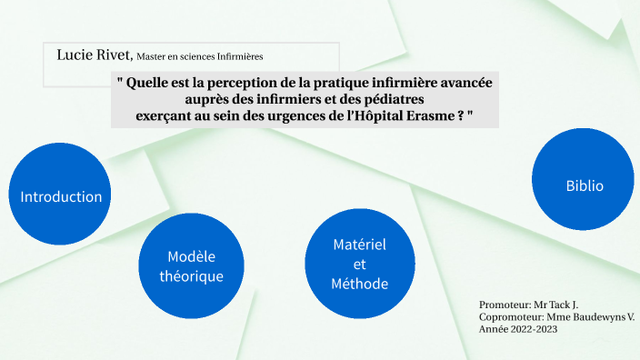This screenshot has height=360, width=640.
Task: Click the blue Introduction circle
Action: [61, 196]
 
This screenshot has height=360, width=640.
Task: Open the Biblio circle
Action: [585, 185]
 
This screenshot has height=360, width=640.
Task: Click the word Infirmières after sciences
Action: [240, 56]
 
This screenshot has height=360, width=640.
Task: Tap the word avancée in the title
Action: [459, 82]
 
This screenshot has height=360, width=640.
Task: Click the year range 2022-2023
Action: [535, 329]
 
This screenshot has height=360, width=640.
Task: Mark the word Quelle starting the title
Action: [145, 82]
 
